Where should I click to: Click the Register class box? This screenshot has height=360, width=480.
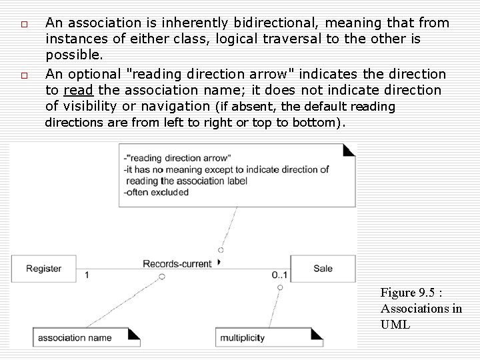click(x=44, y=269)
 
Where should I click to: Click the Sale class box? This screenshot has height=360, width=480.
click(x=323, y=269)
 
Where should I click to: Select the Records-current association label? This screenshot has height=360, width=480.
click(x=177, y=263)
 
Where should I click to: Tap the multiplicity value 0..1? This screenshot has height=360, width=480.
click(x=279, y=275)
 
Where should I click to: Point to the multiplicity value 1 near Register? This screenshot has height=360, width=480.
click(x=87, y=275)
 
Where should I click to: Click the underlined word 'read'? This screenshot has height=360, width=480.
click(x=78, y=90)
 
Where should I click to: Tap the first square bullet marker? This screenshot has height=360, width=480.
click(x=23, y=25)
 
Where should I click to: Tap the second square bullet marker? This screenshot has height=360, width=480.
click(x=23, y=75)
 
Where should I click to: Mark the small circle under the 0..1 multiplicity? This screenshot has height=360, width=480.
click(x=280, y=287)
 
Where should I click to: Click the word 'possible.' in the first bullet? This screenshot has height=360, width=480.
click(x=74, y=55)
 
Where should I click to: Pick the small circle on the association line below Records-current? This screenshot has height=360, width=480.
click(x=162, y=276)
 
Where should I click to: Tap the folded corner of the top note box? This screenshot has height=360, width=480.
click(x=348, y=150)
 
